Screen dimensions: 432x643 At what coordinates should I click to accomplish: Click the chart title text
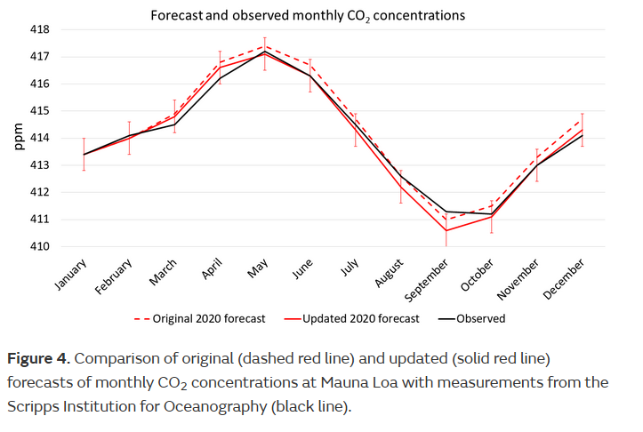[307, 16]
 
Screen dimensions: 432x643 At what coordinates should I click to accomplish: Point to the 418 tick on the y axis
[66, 29]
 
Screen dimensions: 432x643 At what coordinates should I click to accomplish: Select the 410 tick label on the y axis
[66, 246]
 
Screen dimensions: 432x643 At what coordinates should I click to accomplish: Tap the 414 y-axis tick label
[66, 138]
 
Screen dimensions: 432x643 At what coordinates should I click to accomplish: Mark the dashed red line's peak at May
[264, 45]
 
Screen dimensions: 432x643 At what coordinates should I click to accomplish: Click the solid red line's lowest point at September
[446, 230]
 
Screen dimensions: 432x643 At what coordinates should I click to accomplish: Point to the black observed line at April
[219, 78]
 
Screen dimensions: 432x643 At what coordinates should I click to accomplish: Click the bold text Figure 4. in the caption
[38, 359]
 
